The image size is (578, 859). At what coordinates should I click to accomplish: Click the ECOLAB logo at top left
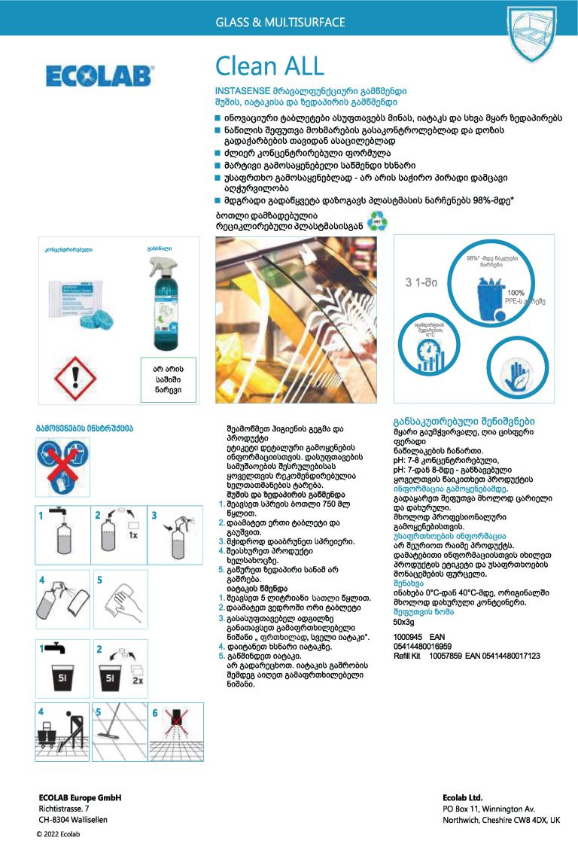tap(99, 75)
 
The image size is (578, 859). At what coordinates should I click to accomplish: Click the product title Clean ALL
tap(269, 66)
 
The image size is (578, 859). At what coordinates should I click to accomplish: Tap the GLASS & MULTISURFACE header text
tap(281, 23)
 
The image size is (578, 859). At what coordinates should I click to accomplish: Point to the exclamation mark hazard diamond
tap(81, 374)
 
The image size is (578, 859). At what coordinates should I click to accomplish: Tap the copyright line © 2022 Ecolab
tap(59, 834)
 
